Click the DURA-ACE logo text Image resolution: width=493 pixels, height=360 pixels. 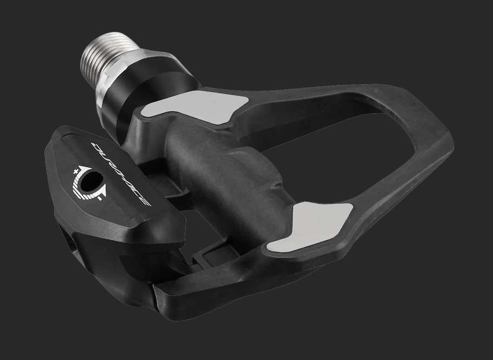(121, 174)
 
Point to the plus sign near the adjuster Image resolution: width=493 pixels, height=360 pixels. (76, 172)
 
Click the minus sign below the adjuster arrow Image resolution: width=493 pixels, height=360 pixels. (99, 198)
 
